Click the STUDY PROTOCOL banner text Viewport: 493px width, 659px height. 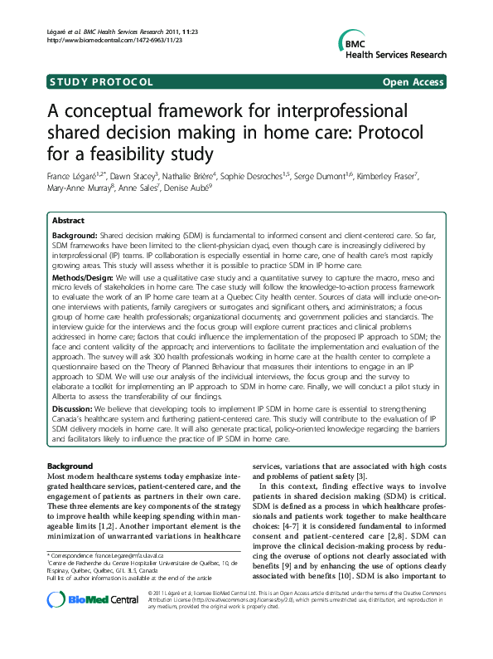[x=101, y=82]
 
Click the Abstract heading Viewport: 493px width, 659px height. [x=68, y=221]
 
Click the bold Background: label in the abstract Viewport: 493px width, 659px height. [x=75, y=237]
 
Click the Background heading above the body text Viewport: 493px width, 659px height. [x=70, y=466]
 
